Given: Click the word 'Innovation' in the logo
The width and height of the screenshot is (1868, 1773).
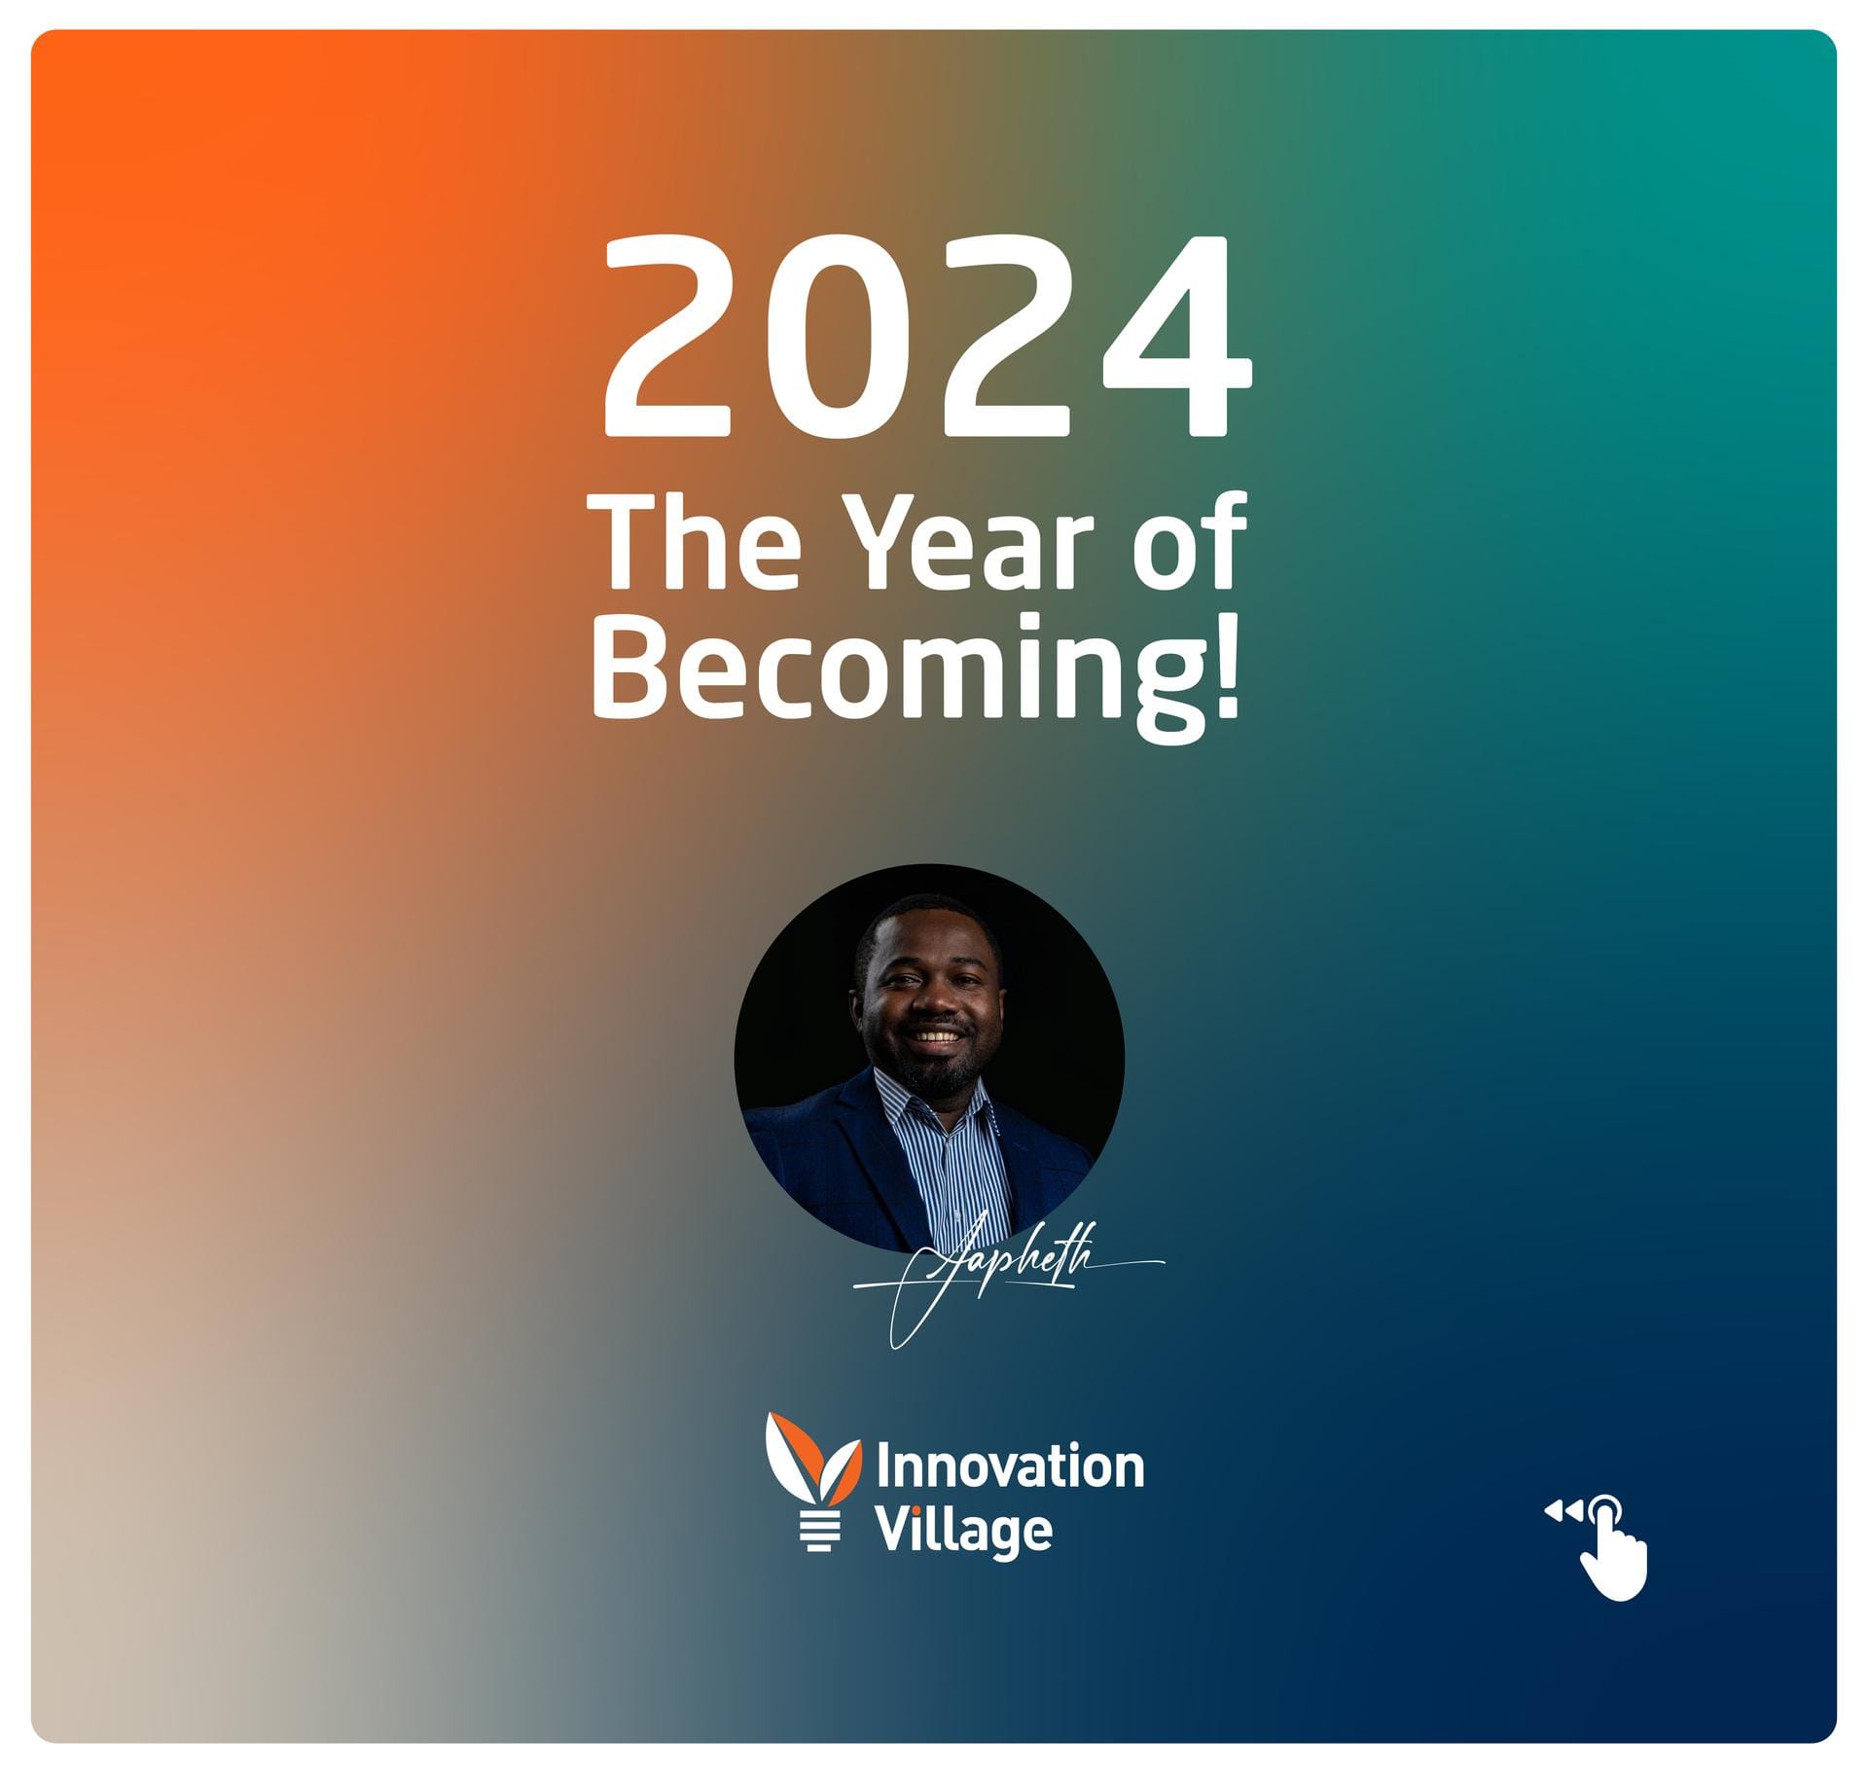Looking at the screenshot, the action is tap(1010, 1466).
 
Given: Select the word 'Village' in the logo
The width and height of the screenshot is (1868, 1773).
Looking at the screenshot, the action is tap(963, 1531).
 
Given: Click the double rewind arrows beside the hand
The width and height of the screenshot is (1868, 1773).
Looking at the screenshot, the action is tap(1563, 1511).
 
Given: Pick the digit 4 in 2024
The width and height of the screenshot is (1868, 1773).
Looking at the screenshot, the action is tap(1177, 335).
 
